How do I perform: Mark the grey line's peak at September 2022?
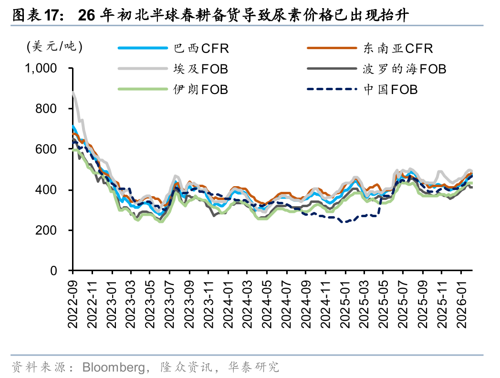coord(73,93)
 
